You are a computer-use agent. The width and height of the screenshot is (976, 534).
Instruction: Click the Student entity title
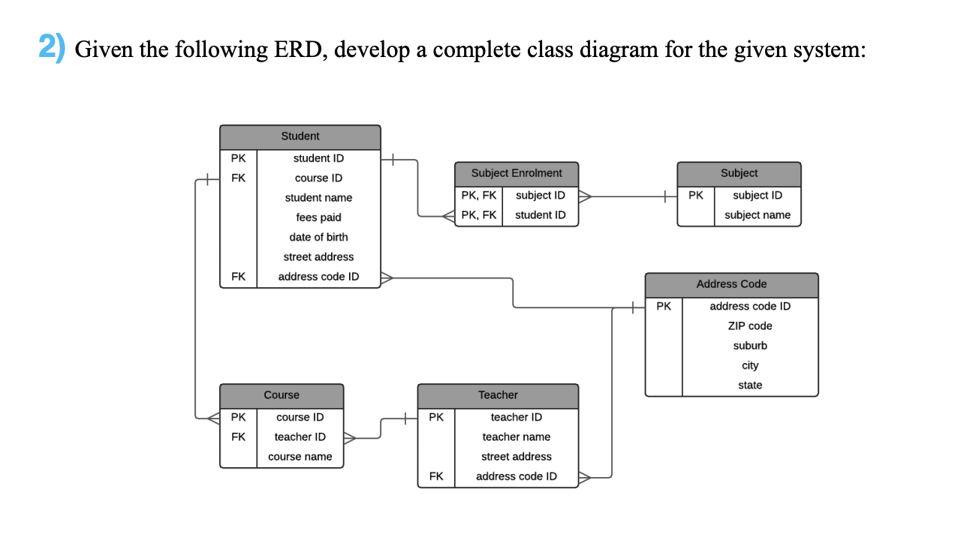pos(300,136)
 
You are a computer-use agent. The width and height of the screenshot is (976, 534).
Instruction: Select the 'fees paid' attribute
pos(318,217)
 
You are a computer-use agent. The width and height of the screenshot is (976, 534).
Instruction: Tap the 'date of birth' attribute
pos(318,237)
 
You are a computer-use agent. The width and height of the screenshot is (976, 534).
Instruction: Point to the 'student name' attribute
pos(318,198)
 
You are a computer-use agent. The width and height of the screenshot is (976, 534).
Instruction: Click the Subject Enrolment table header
pos(517,173)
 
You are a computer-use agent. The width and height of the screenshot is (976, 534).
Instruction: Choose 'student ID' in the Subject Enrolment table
pos(540,215)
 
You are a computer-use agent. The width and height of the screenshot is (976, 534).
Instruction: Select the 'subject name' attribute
pos(757,215)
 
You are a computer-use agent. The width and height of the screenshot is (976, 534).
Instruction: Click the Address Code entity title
pos(731,284)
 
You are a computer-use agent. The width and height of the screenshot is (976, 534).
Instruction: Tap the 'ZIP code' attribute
pos(749,326)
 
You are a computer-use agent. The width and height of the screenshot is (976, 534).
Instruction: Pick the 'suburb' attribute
pos(749,346)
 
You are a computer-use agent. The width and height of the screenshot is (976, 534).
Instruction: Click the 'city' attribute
pos(749,365)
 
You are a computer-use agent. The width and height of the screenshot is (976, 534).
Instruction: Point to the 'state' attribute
pos(749,385)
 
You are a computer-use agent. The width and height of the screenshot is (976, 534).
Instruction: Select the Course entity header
pos(282,395)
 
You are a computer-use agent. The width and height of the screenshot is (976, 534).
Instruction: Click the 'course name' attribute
pos(300,457)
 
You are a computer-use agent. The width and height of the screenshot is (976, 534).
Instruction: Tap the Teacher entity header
pos(498,395)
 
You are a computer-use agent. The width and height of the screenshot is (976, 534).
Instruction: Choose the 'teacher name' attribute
pos(516,437)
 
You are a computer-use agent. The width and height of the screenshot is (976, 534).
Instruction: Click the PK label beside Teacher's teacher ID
pos(435,417)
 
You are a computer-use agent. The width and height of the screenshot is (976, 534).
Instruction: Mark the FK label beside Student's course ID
pos(238,178)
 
